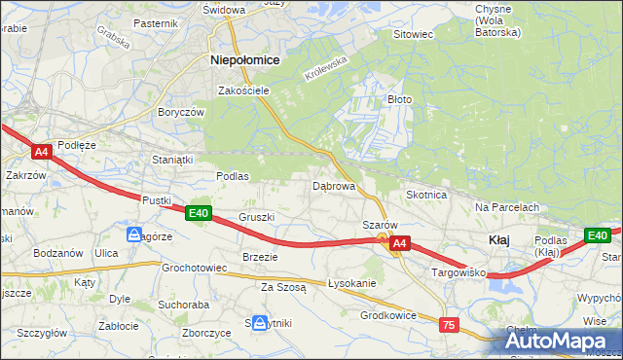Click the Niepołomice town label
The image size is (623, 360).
[245, 59]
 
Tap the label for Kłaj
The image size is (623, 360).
[499, 239]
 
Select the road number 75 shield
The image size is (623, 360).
[448, 325]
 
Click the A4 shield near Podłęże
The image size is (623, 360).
[41, 152]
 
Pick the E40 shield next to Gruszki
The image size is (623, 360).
[198, 213]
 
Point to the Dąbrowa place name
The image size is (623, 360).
[333, 185]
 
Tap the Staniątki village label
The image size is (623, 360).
[174, 159]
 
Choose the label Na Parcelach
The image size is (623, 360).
[507, 207]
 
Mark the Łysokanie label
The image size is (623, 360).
[351, 283]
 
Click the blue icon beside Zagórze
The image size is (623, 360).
[133, 234]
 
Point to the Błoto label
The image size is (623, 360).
[400, 99]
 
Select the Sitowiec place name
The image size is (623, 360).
[412, 34]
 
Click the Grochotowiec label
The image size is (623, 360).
[194, 267]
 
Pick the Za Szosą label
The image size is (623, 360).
[283, 287]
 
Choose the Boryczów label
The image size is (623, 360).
[181, 112]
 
